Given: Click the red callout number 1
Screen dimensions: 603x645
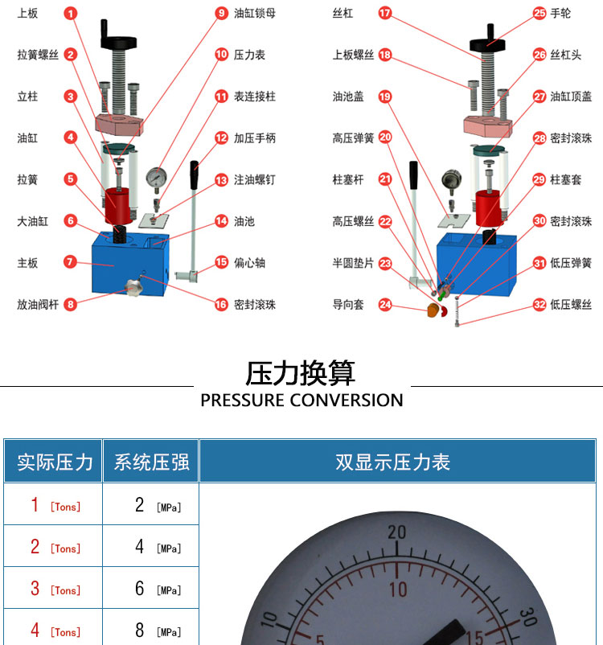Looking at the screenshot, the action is [x=70, y=14].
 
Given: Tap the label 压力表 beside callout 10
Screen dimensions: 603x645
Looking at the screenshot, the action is [x=249, y=55].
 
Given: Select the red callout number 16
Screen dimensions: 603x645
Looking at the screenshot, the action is [x=221, y=304].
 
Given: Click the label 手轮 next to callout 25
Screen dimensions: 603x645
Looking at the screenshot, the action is [x=560, y=13].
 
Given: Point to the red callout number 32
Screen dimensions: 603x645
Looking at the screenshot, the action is [x=539, y=304].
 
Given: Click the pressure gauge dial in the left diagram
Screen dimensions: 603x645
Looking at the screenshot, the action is [x=156, y=178].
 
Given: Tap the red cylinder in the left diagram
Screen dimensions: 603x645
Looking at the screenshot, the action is [x=119, y=206].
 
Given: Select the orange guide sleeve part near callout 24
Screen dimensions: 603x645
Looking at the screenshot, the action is [x=433, y=310].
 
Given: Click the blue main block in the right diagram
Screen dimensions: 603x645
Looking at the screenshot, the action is [x=476, y=263].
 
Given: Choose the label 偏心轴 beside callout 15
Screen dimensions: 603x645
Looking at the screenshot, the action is [x=249, y=262].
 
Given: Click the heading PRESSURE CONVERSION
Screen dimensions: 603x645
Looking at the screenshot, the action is [x=302, y=401].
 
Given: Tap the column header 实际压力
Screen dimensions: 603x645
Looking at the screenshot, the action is [x=55, y=462].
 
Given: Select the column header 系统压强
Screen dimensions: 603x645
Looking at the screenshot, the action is [x=151, y=462].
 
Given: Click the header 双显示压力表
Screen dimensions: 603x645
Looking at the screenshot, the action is [x=392, y=462].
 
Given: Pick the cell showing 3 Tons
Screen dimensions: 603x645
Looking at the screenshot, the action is [x=55, y=589].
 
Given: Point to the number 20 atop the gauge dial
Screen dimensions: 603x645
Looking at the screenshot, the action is [x=396, y=532].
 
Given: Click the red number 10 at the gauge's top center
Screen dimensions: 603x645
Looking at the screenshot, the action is [x=398, y=590].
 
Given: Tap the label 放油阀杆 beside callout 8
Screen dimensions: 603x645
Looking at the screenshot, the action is [x=38, y=304].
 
